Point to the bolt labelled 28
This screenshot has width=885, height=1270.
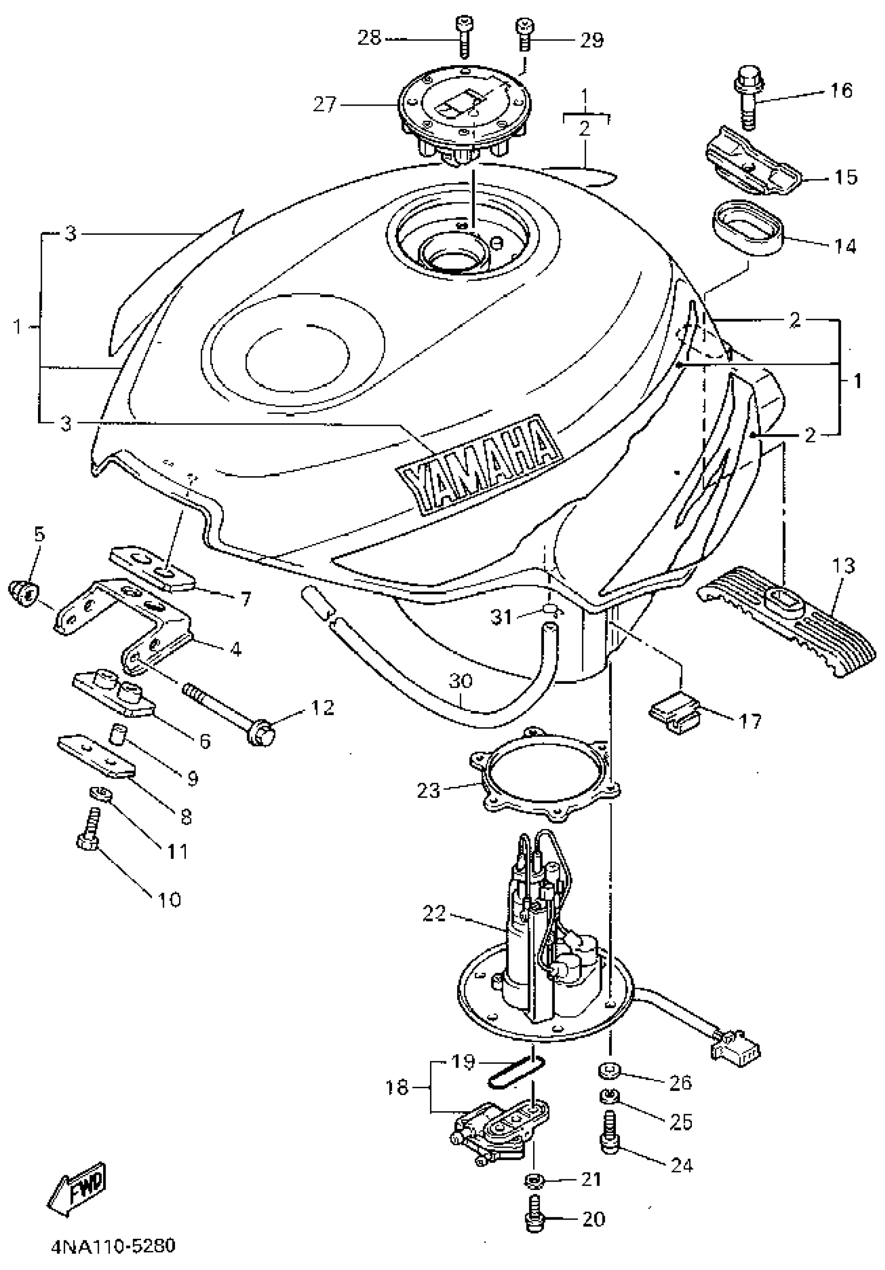[463, 35]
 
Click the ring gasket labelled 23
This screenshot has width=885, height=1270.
[545, 776]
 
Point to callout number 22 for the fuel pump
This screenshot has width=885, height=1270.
[434, 912]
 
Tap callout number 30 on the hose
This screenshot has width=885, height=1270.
[460, 680]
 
